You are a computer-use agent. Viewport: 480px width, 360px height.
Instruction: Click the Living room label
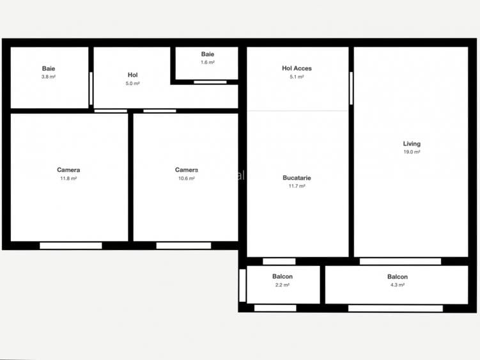coord(412,144)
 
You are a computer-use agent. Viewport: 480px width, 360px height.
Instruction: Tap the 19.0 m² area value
coord(412,152)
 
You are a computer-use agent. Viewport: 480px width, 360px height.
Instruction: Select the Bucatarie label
coord(297,178)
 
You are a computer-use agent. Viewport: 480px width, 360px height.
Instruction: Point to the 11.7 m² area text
coord(297,186)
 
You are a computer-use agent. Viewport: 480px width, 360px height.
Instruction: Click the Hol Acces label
coord(297,68)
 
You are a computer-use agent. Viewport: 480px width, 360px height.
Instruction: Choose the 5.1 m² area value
coord(297,77)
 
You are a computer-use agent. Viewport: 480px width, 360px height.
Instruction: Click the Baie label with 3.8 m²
coord(49,68)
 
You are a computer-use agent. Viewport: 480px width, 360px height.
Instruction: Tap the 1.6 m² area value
coord(208,63)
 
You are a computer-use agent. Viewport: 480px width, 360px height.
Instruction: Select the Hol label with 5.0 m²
coord(132,75)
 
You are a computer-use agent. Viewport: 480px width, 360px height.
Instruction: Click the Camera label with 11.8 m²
coord(68,170)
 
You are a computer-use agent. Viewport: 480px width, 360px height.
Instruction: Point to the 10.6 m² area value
coord(187,178)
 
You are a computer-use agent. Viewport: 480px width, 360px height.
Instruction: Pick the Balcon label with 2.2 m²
coord(283,277)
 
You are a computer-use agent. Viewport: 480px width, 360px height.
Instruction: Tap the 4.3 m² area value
coord(397,285)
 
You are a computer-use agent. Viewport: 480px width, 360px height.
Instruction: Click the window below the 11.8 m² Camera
coord(70,246)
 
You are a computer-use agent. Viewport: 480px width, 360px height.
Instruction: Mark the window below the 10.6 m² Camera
coord(183,246)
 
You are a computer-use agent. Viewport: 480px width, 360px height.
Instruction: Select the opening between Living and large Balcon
coord(400,261)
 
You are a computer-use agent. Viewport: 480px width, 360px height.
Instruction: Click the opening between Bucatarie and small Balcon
coord(279,261)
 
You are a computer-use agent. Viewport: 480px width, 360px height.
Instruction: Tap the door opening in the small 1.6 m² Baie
coord(210,82)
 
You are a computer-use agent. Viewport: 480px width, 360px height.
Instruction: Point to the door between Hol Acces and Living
coord(352,88)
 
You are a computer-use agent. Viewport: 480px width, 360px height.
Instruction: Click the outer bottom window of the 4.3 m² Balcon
coord(395,308)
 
